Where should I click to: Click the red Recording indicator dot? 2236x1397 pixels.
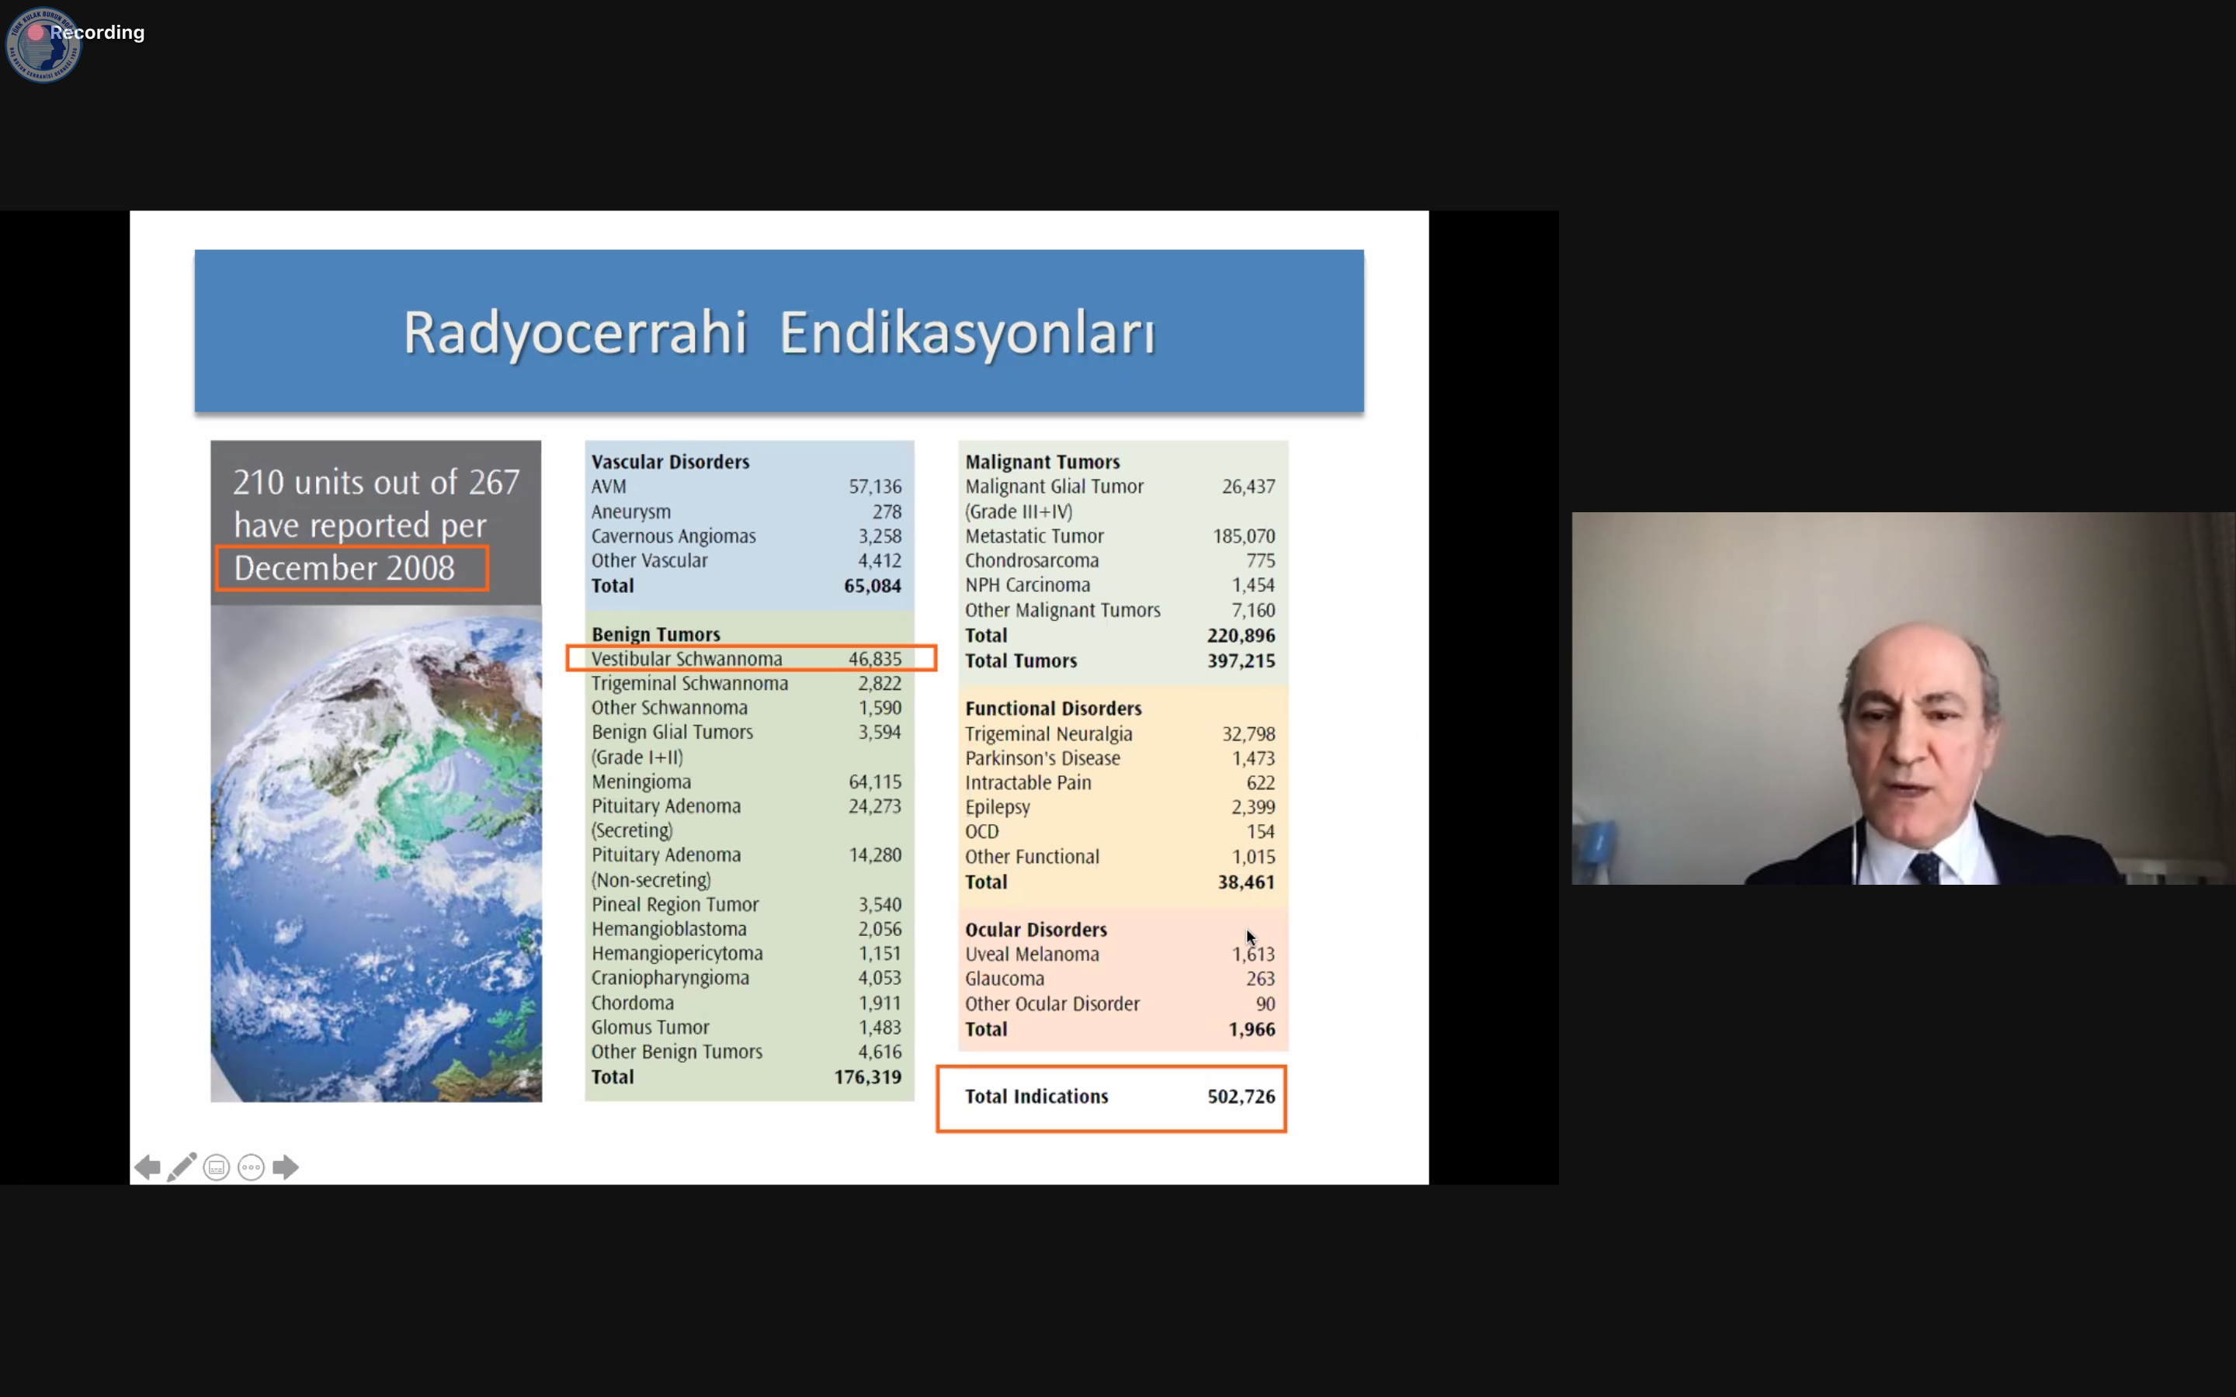[36, 33]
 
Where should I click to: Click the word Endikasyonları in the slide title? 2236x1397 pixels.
[967, 334]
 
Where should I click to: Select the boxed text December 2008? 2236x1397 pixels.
[344, 568]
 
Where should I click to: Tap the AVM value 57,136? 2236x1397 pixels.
[875, 487]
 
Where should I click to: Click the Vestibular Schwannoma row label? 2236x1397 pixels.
[686, 659]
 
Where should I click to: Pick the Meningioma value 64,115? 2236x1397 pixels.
[875, 782]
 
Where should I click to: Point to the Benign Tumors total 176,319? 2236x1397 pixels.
[867, 1077]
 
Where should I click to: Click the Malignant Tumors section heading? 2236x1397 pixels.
[1042, 462]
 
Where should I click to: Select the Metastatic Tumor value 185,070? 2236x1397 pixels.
[1244, 537]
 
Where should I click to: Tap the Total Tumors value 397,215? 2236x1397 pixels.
[1241, 661]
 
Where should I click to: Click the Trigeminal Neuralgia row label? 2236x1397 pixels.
[1049, 734]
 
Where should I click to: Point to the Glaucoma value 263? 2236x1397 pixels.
[1260, 979]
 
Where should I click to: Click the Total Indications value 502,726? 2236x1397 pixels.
[1241, 1097]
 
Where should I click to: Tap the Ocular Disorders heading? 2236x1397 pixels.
[1036, 931]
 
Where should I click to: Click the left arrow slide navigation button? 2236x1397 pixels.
[147, 1168]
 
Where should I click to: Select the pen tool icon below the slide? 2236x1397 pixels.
[182, 1167]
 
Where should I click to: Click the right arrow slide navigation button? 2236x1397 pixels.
[286, 1168]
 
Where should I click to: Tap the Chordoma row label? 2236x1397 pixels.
[633, 1004]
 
